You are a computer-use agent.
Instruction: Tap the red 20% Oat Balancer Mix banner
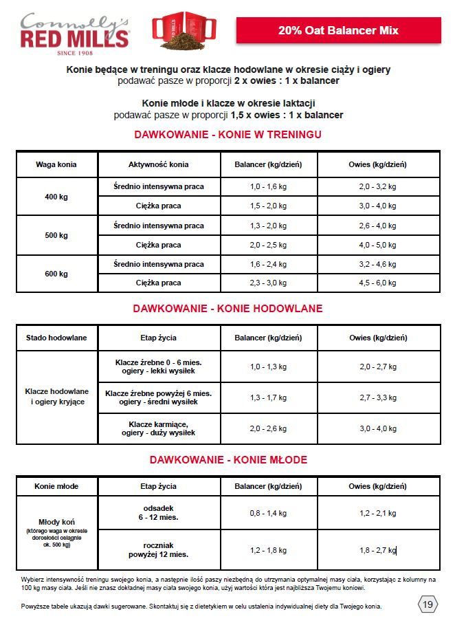(338, 30)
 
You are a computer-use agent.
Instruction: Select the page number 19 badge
(428, 604)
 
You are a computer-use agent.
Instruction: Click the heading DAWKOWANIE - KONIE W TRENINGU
(227, 134)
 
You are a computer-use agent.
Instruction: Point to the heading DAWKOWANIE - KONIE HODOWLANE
(227, 309)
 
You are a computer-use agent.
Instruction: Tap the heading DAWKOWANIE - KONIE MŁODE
(227, 459)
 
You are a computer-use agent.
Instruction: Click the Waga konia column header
(56, 164)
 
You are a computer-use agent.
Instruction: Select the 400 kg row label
(56, 197)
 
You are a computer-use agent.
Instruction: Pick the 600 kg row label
(56, 274)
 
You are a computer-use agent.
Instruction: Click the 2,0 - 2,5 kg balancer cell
(268, 245)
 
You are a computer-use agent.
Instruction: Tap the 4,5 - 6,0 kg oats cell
(377, 283)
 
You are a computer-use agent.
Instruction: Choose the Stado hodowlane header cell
(56, 338)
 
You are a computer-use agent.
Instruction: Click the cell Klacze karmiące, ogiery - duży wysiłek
(159, 428)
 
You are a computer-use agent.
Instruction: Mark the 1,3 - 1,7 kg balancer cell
(268, 397)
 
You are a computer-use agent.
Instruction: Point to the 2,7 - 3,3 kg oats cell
(377, 397)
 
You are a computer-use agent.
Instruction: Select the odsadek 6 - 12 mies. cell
(159, 512)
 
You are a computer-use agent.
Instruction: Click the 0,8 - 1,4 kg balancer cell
(268, 513)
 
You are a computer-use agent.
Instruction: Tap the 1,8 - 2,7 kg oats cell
(377, 550)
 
